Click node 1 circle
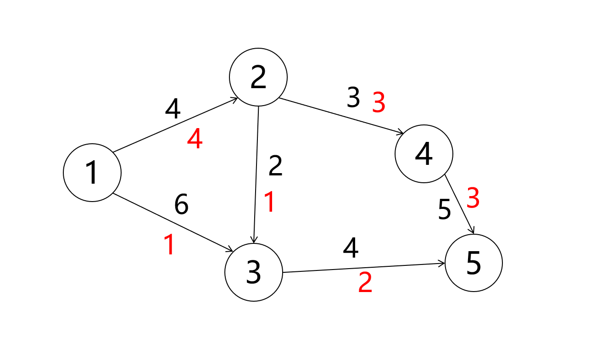92,173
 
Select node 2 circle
258,77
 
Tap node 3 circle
254,272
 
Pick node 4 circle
424,154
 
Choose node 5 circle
474,263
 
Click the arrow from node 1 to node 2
175,125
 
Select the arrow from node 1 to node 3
173,222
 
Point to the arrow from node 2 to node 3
256,174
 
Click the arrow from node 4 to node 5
459,205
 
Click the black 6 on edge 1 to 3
181,205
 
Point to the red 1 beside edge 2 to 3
269,202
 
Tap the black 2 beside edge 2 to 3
275,166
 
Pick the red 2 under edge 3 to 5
365,283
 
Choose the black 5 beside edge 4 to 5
444,210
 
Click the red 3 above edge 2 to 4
379,103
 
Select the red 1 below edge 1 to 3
169,245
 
